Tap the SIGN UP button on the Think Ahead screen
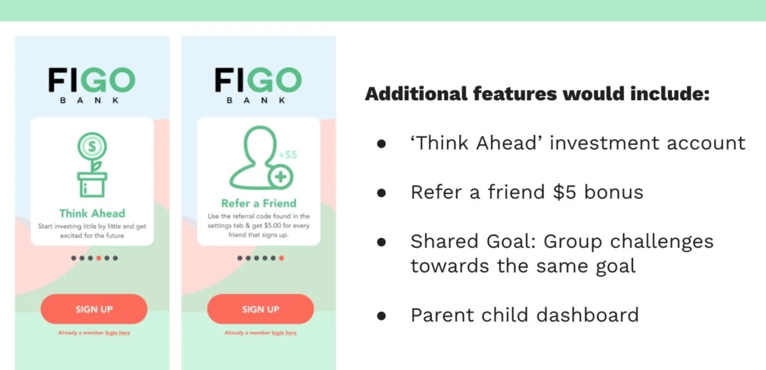[x=94, y=309]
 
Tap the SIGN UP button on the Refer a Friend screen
[x=261, y=309]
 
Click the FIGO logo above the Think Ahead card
[x=91, y=85]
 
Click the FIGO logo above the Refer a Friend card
[x=258, y=85]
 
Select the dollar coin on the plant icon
[x=92, y=146]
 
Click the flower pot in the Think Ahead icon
[x=92, y=184]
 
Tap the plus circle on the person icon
[x=281, y=177]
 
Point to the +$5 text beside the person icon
[x=288, y=155]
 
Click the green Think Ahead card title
[x=93, y=213]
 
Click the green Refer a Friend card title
[x=259, y=204]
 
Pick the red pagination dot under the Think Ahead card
[x=98, y=258]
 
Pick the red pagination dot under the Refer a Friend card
[x=282, y=258]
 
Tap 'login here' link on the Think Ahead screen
[x=117, y=333]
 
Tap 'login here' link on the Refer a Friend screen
[x=284, y=333]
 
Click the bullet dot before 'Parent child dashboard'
[x=381, y=316]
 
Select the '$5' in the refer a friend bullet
[x=565, y=192]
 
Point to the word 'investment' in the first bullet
[x=604, y=143]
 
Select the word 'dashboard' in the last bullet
[x=587, y=315]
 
